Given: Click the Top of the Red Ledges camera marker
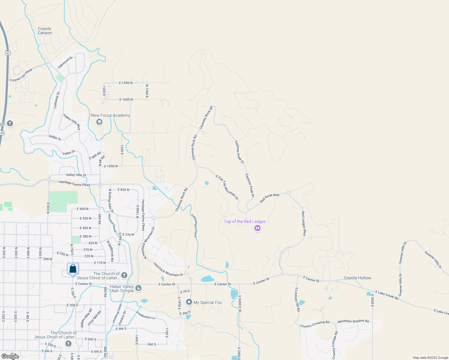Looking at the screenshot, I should coord(257,228).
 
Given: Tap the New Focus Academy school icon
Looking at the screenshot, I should coord(99,122).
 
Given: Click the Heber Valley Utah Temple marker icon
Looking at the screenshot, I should coord(138,288).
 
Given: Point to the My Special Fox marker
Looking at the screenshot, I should coord(189,302).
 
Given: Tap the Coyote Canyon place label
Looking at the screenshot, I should coord(45,31).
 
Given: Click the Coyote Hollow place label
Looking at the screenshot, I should coord(357,278).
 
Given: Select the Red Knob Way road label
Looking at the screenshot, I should coord(270,198).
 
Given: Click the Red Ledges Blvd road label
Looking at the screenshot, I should coord(304,223).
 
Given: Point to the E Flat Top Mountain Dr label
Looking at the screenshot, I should coord(227,187).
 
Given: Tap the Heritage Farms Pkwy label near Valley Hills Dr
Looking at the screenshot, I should coord(74,183).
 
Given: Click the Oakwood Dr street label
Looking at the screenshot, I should coord(65,62).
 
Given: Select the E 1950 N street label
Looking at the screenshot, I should coord(126,83).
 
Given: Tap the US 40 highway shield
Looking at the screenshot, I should coord(8,53).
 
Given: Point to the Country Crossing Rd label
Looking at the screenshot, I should coord(315,324).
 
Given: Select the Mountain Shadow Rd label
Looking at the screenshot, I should coord(353,321).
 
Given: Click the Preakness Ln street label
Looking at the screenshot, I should coord(146,315).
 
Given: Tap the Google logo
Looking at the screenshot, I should coord(10,356).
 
